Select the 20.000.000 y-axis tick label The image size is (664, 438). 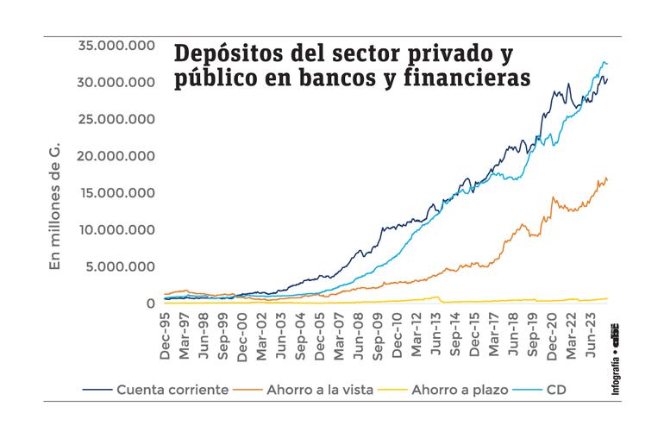click(116, 156)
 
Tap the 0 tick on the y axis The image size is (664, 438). click(150, 303)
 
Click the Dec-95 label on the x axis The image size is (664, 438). click(165, 331)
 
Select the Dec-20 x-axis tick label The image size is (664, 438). click(551, 331)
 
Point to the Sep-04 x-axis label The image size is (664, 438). click(300, 331)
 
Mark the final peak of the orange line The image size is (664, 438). click(606, 178)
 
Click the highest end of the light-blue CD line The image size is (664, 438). click(603, 62)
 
